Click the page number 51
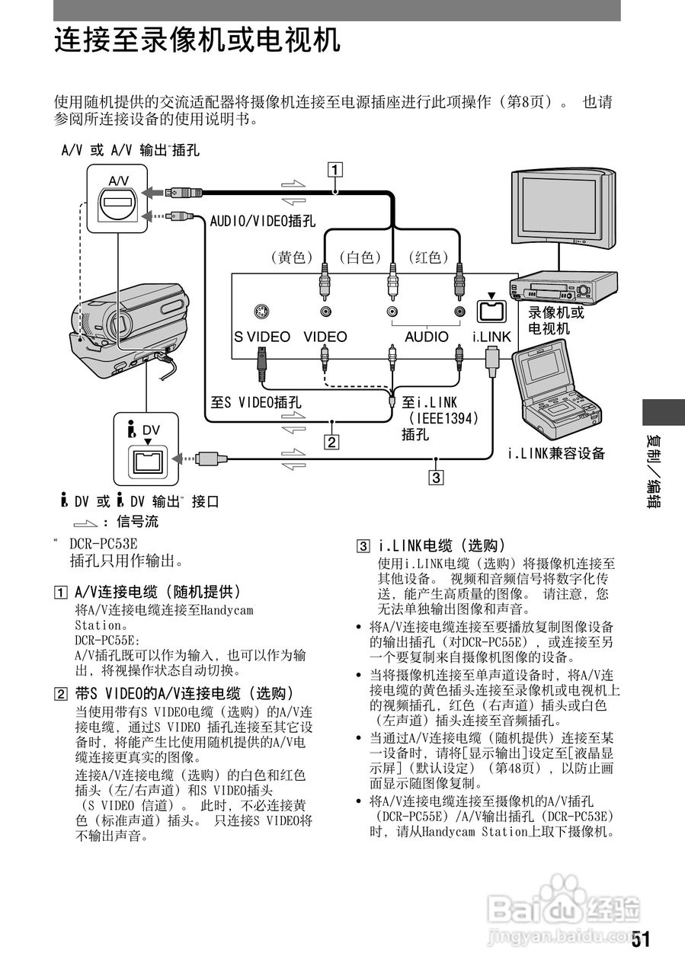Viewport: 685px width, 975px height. (x=641, y=939)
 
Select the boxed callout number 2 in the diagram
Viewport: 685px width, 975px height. (x=330, y=440)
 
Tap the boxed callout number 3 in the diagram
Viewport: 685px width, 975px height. (x=435, y=478)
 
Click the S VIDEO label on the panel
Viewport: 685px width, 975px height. (x=261, y=337)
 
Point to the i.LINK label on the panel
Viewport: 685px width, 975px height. (x=491, y=337)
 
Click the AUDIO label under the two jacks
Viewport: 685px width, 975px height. (x=426, y=337)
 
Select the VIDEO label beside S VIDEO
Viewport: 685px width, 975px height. (x=325, y=337)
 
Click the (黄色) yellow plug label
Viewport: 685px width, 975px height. (x=293, y=257)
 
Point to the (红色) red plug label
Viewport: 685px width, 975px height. (x=429, y=257)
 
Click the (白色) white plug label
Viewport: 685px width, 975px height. (x=360, y=257)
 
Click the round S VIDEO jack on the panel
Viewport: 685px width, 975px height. (x=261, y=312)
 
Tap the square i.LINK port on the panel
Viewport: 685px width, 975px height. (x=491, y=310)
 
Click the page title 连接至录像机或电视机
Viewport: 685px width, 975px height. (x=197, y=39)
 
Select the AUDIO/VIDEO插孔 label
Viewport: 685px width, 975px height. (x=262, y=221)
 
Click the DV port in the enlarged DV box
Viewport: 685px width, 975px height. (x=147, y=459)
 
